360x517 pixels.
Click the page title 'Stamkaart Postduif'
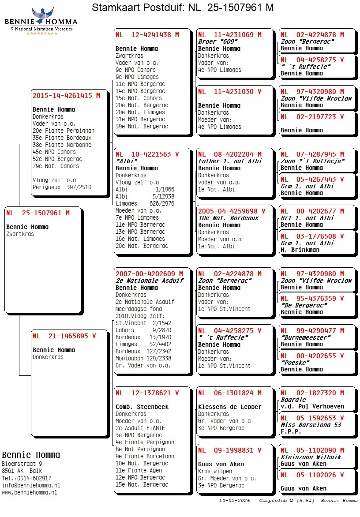(138, 7)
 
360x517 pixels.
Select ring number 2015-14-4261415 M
(66, 95)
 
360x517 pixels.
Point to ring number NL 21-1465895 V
(64, 336)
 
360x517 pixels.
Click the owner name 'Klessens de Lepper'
(229, 407)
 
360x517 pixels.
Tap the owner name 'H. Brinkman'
(300, 250)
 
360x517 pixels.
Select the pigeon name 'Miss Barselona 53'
(311, 425)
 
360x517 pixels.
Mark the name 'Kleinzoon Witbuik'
(311, 457)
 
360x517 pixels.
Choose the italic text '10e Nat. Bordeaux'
(228, 218)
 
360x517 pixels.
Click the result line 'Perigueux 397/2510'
(62, 187)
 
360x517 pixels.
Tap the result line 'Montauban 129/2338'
(143, 358)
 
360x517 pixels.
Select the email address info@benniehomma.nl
(31, 485)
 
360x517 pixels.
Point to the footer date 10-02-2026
(234, 501)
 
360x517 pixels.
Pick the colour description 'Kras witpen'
(215, 471)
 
